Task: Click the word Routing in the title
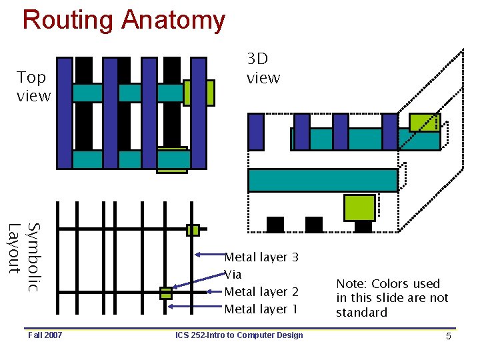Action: pyautogui.click(x=68, y=20)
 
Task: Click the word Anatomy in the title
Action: pyautogui.click(x=173, y=20)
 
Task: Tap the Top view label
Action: pyautogui.click(x=33, y=87)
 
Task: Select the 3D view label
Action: pyautogui.click(x=263, y=69)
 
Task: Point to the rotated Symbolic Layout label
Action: pyautogui.click(x=24, y=257)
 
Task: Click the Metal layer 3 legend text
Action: pyautogui.click(x=261, y=257)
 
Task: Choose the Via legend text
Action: pyautogui.click(x=233, y=275)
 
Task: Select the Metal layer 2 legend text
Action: pyautogui.click(x=261, y=292)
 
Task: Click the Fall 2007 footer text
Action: pyautogui.click(x=45, y=335)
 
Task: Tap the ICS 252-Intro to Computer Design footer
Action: pyautogui.click(x=239, y=335)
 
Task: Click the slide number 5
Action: pyautogui.click(x=449, y=336)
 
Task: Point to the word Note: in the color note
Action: pyautogui.click(x=352, y=284)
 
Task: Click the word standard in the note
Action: pyautogui.click(x=361, y=313)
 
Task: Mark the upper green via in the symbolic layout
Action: pyautogui.click(x=193, y=230)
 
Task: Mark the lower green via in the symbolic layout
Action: pyautogui.click(x=166, y=293)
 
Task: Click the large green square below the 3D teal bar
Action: pyautogui.click(x=359, y=208)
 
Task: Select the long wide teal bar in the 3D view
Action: pyautogui.click(x=323, y=180)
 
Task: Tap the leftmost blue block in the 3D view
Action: pyautogui.click(x=256, y=131)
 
